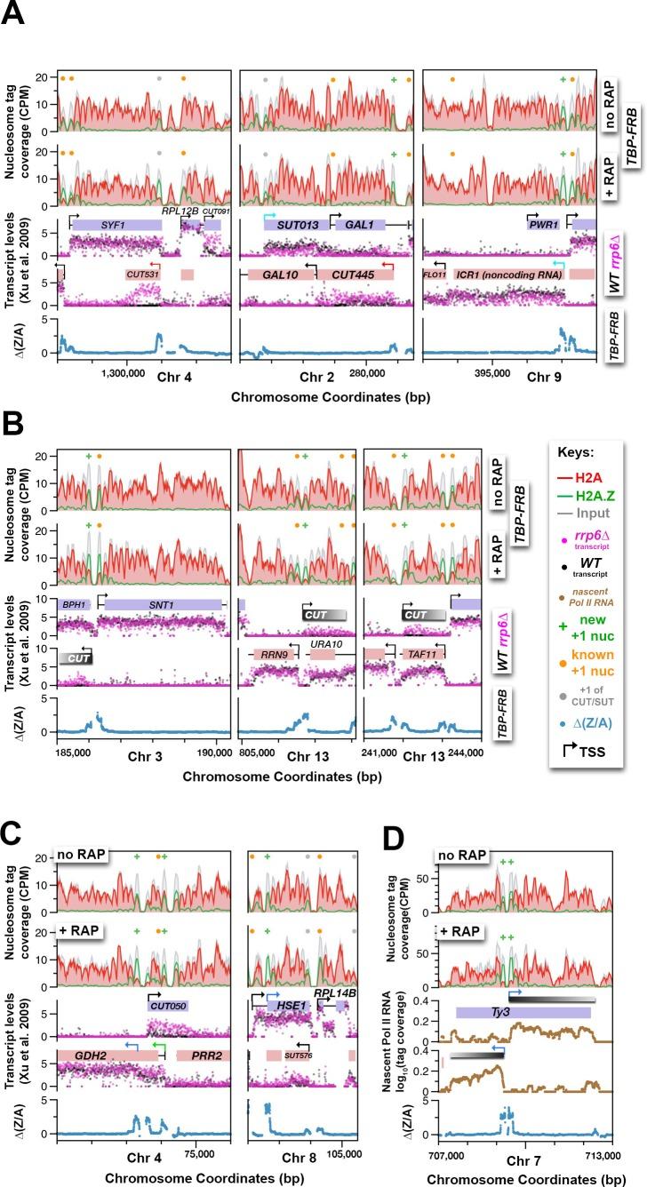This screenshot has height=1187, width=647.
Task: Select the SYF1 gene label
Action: [x=110, y=227]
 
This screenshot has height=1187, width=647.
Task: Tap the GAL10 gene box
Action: [x=279, y=275]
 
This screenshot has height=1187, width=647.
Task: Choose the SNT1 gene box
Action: [x=161, y=579]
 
